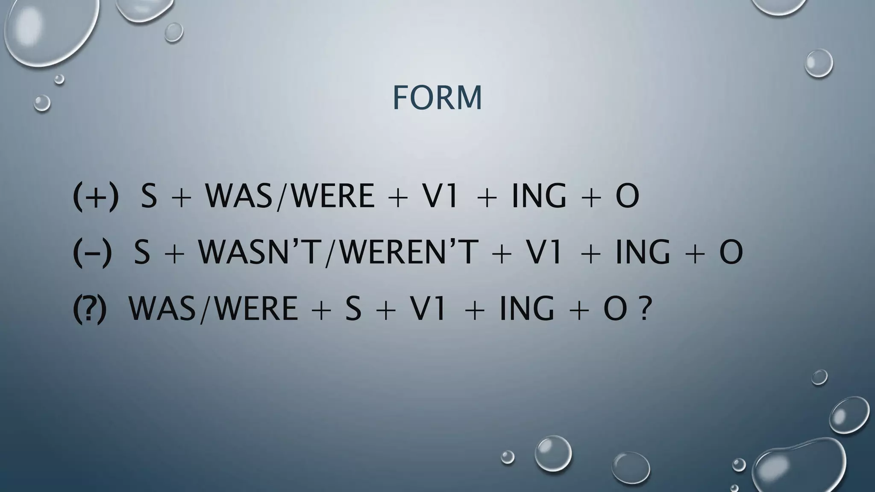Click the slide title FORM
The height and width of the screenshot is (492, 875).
point(437,98)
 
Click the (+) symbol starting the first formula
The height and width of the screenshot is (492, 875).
point(95,196)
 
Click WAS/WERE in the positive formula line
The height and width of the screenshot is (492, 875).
point(290,196)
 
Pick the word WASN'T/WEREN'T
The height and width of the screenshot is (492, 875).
point(338,252)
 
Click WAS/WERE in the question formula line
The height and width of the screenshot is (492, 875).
point(213,308)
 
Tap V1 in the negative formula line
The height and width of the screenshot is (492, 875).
point(543,252)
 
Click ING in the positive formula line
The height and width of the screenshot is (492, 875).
point(538,196)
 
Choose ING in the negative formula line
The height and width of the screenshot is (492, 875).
point(642,252)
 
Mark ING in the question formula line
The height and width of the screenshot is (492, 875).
point(526,308)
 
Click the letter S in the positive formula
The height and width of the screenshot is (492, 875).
point(148,196)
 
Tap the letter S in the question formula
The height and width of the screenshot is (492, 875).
point(353,308)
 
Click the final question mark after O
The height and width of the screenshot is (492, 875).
point(645,308)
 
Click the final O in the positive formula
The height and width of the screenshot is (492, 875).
point(627,196)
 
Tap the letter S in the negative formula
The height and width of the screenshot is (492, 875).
point(142,252)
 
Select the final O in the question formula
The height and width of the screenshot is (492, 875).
point(615,308)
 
